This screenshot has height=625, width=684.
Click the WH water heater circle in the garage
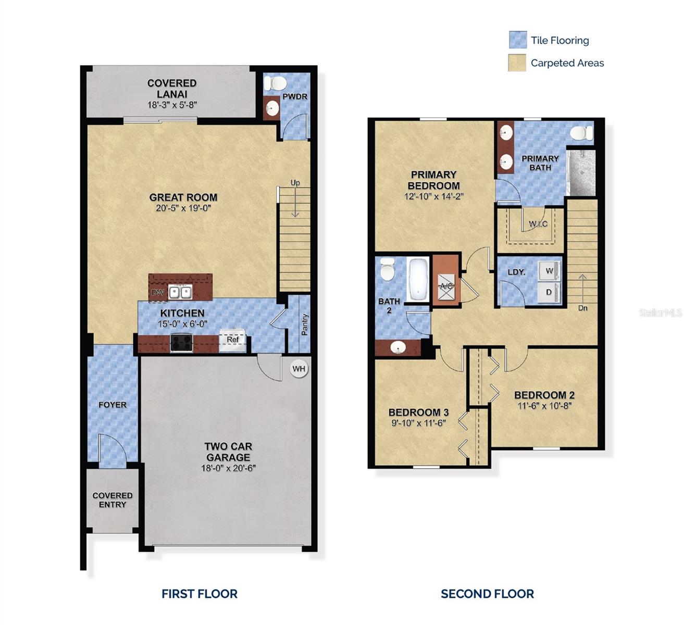coord(299,369)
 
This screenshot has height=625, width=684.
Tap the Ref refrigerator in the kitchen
coord(232,340)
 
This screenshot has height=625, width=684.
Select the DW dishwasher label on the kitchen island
coord(157,293)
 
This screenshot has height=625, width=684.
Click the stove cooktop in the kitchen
coord(182,342)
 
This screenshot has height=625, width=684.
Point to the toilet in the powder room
coord(275,83)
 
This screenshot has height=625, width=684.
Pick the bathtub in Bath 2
coord(418,280)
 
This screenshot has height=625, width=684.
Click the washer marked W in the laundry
coord(549,271)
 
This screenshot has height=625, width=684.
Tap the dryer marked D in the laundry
coord(549,292)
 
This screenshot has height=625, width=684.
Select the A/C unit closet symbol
coord(446,287)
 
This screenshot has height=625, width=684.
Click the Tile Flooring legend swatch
coord(517,40)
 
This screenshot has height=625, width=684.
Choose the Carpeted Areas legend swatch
coord(517,63)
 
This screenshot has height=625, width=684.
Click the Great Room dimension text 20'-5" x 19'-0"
coord(183,208)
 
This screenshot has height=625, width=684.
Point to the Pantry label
coord(305,324)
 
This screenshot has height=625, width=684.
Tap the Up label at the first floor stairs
coord(295,183)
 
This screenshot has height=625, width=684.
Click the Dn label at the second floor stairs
coord(582,308)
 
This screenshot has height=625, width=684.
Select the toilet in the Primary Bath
coord(581,133)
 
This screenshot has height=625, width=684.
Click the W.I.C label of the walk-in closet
coord(538,224)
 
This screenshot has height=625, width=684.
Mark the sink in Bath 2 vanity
coord(399,347)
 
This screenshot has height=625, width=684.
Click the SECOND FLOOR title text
coord(487,594)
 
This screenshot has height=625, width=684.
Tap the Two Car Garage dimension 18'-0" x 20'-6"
coord(229,468)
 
